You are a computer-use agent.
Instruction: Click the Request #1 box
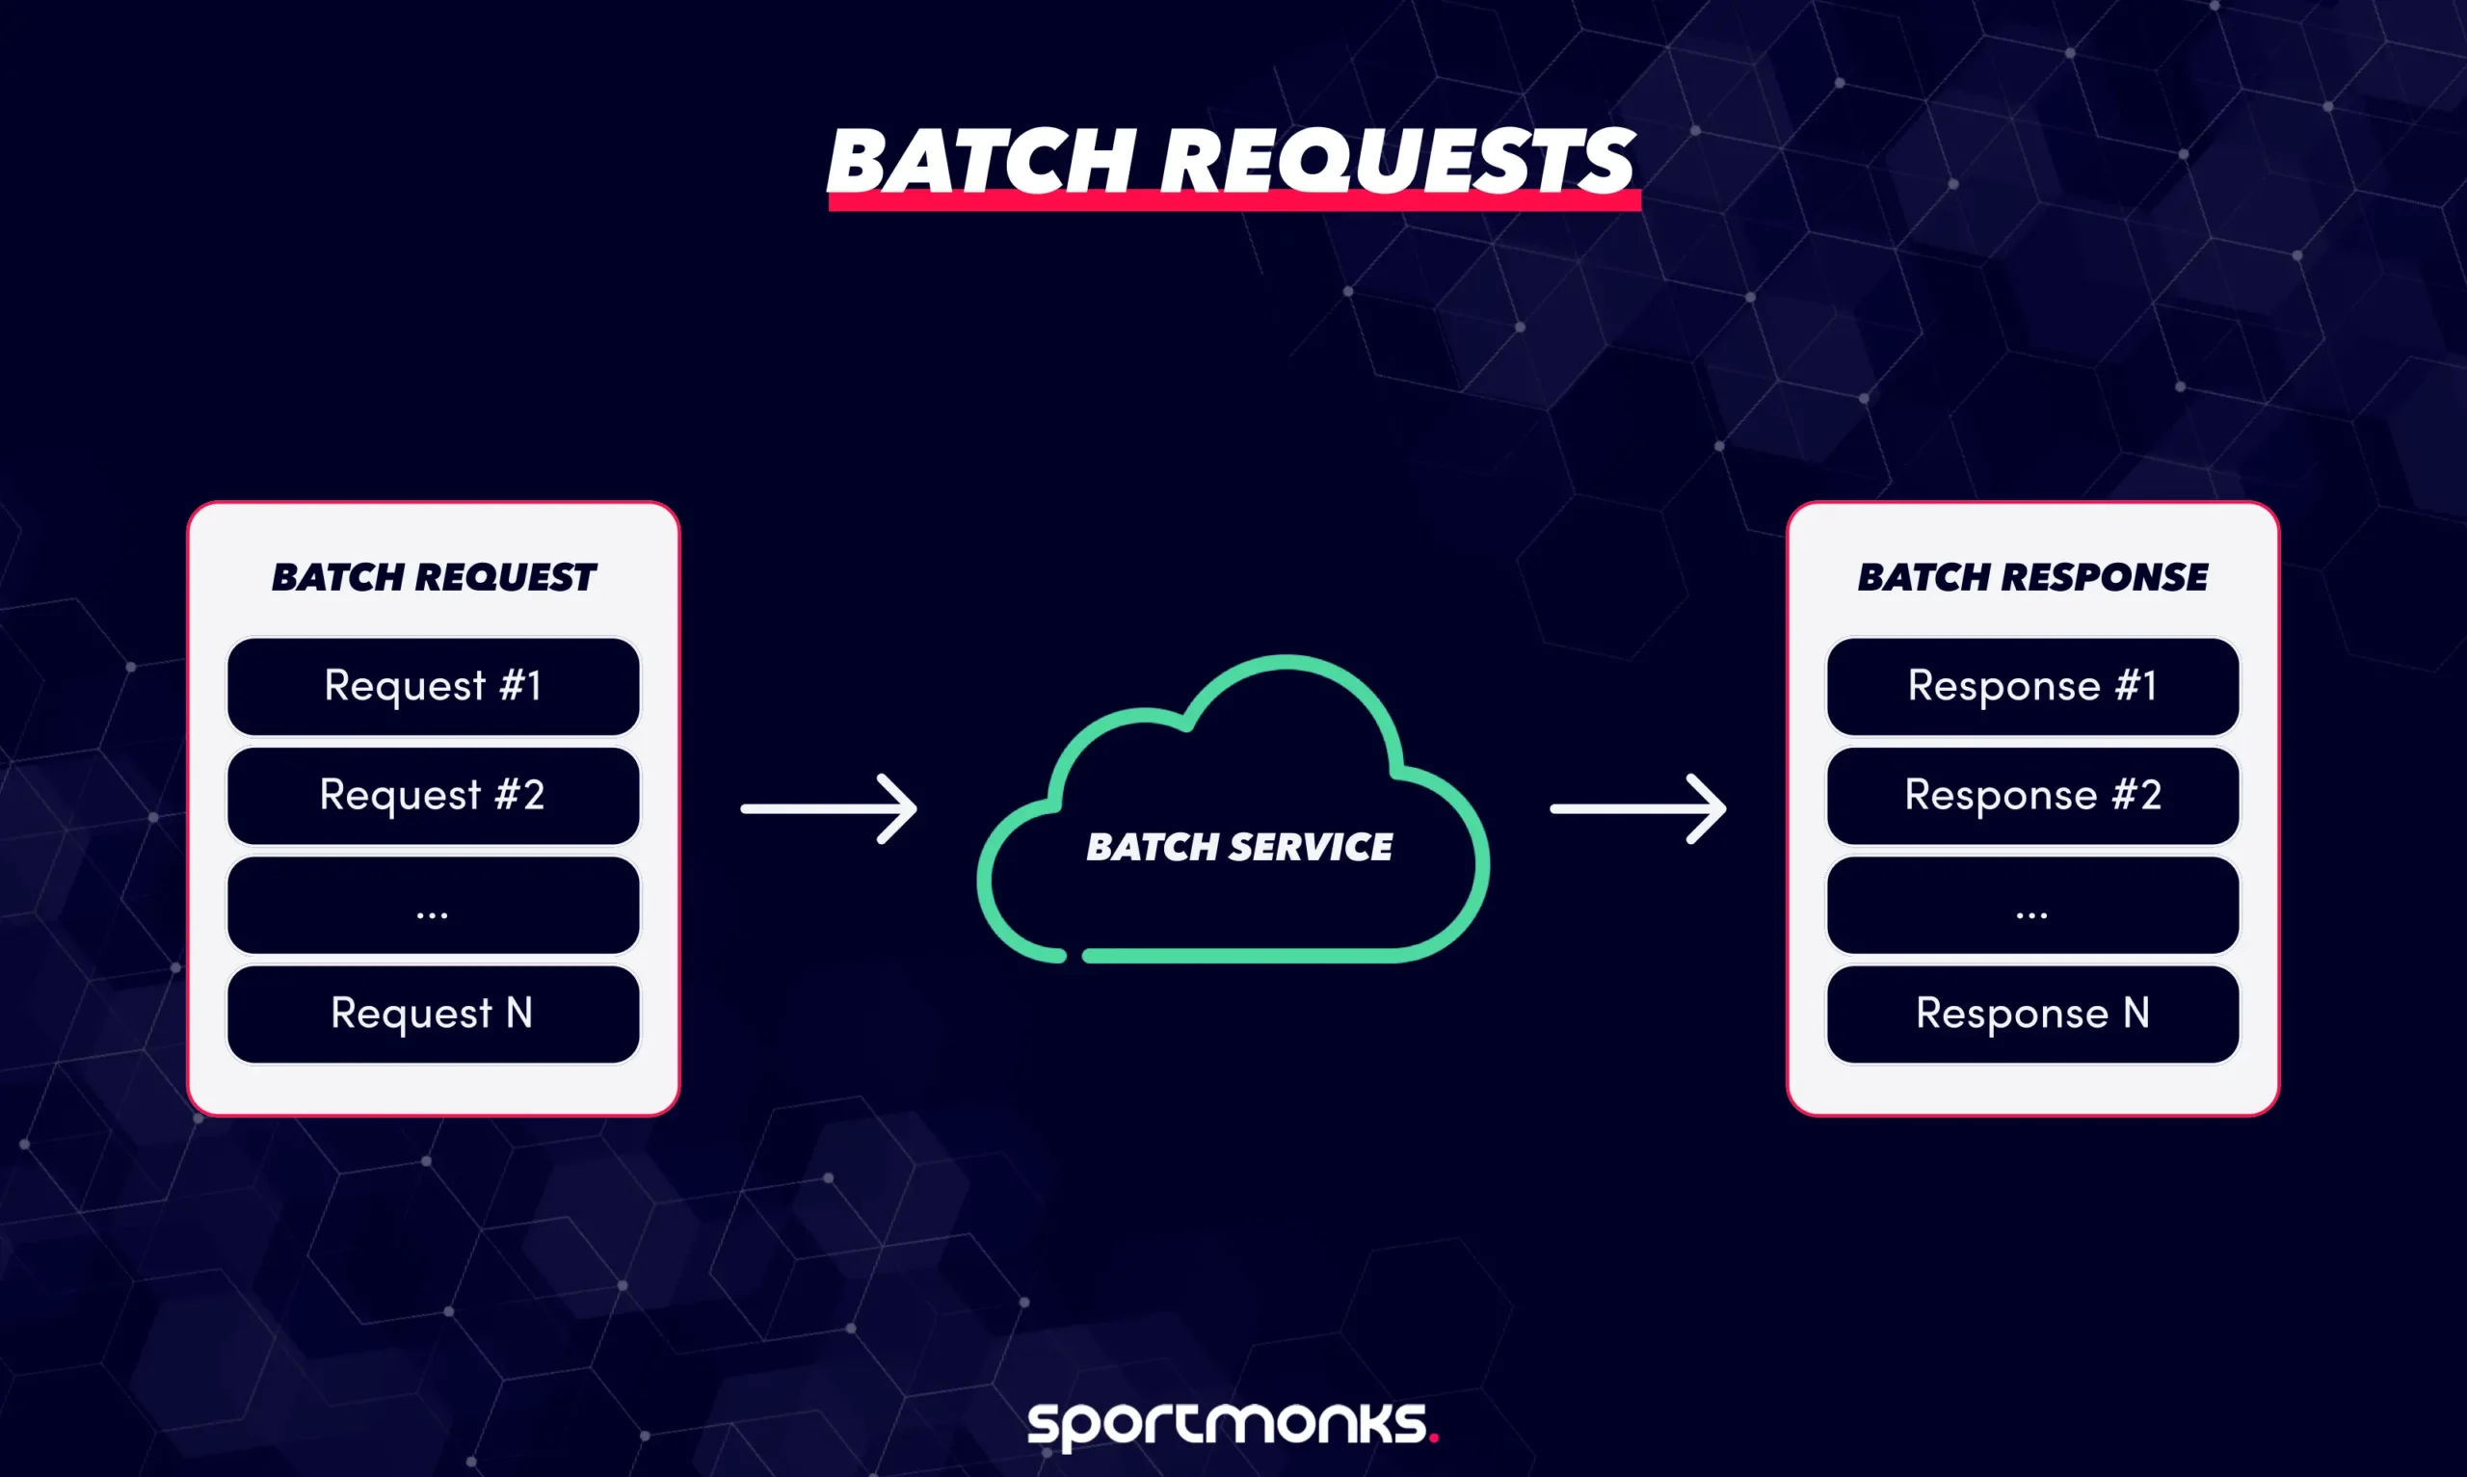433,687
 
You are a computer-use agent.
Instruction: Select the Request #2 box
433,795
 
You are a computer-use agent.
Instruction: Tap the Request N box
433,1015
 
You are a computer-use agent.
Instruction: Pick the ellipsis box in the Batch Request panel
433,905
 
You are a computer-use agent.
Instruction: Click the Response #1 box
2032,687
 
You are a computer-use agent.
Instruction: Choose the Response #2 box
2032,795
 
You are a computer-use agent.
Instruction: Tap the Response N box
2032,1015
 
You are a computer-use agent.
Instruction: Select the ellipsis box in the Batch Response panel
2032,905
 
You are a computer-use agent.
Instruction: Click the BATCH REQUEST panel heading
433,577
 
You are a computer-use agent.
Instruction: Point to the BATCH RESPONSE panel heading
2032,577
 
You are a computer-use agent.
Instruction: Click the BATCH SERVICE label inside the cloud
1239,847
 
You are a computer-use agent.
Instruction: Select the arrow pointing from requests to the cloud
829,808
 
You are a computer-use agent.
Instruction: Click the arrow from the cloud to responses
1638,808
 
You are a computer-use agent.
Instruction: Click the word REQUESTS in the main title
1397,161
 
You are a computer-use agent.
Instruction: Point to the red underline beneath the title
1234,203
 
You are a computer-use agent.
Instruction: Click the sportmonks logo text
1226,1424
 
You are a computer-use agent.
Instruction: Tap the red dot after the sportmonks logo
1433,1437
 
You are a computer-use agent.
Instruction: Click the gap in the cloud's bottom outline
1074,957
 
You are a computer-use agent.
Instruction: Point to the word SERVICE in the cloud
1311,847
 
